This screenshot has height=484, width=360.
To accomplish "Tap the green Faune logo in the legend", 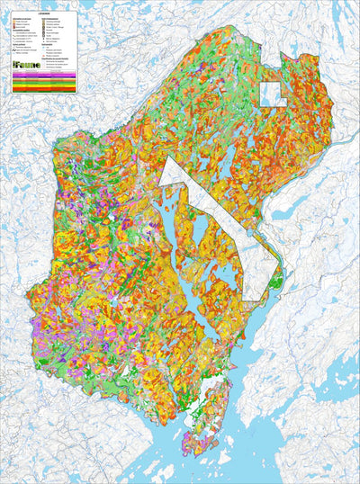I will tap(27, 65).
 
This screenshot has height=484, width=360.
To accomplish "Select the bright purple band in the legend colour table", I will tap(44, 75).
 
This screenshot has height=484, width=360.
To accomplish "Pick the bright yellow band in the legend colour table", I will tap(44, 85).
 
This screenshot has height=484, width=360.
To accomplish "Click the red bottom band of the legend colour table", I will tap(44, 89).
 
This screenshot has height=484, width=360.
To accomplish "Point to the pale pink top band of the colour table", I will tap(44, 73).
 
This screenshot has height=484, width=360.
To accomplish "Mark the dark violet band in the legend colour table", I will tap(44, 76).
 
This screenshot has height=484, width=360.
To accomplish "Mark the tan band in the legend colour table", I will tap(44, 79).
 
